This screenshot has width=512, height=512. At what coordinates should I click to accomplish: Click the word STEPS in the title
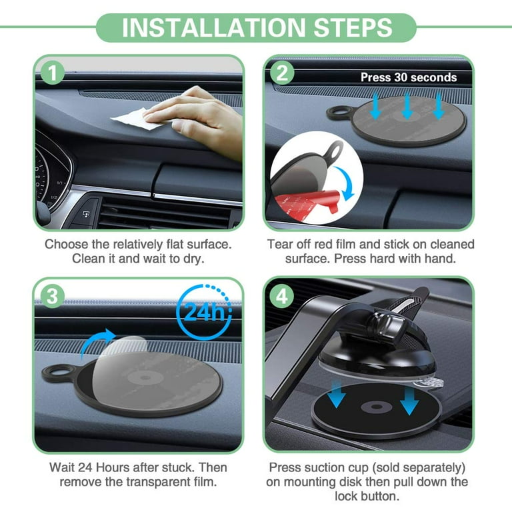tap(347, 27)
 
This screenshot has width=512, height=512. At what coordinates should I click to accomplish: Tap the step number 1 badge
tap(52, 73)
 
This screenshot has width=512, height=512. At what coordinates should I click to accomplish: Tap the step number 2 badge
tap(282, 73)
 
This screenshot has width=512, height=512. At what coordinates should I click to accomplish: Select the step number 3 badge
tap(52, 295)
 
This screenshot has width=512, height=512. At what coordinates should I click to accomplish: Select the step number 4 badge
tap(282, 295)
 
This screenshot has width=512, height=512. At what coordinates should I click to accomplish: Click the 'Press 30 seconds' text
tap(409, 77)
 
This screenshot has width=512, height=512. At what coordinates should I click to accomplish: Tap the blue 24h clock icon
tap(206, 312)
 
